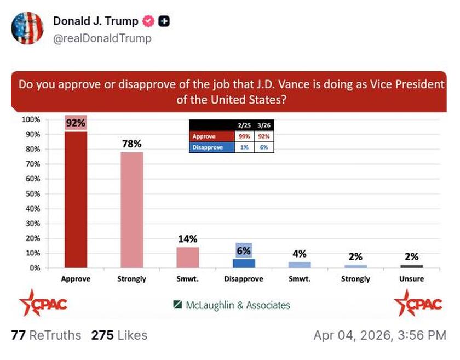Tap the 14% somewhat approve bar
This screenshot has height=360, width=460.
click(188, 257)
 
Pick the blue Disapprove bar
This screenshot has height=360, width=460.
click(244, 263)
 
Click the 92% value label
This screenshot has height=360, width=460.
click(76, 123)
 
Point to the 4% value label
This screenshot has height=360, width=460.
click(300, 254)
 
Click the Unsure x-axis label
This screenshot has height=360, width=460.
click(412, 279)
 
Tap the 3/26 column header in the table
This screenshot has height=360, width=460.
click(264, 125)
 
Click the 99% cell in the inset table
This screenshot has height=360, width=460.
click(244, 136)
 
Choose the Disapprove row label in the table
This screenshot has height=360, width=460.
click(209, 147)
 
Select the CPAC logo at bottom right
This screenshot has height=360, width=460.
click(418, 304)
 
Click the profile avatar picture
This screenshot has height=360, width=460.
click(27, 27)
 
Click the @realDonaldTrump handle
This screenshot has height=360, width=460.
click(102, 38)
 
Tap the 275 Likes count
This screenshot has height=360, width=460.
click(119, 335)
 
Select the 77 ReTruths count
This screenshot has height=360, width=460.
click(46, 335)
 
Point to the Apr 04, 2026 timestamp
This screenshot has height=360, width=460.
click(380, 335)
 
